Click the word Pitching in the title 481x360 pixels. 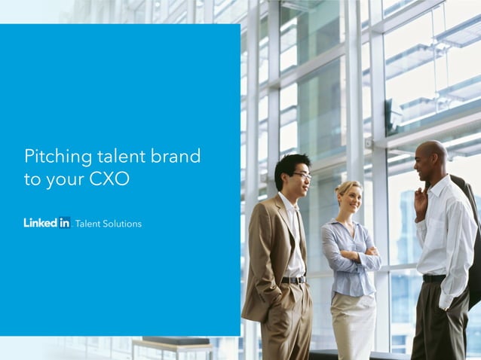59,157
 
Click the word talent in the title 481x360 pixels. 121,157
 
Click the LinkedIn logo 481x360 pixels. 47,222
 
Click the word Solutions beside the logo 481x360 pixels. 121,224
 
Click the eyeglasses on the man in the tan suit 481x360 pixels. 303,175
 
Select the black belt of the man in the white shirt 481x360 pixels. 434,278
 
